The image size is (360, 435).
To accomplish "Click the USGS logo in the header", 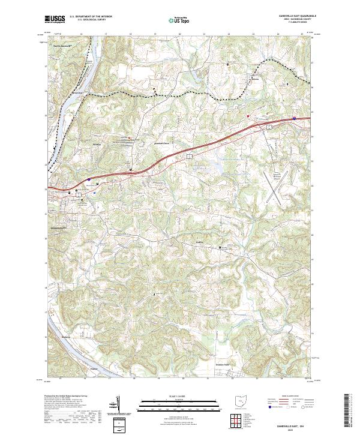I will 55,19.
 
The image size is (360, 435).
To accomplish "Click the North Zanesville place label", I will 62,46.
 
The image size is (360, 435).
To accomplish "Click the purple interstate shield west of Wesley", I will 88,179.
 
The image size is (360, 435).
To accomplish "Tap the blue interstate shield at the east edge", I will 294,118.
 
